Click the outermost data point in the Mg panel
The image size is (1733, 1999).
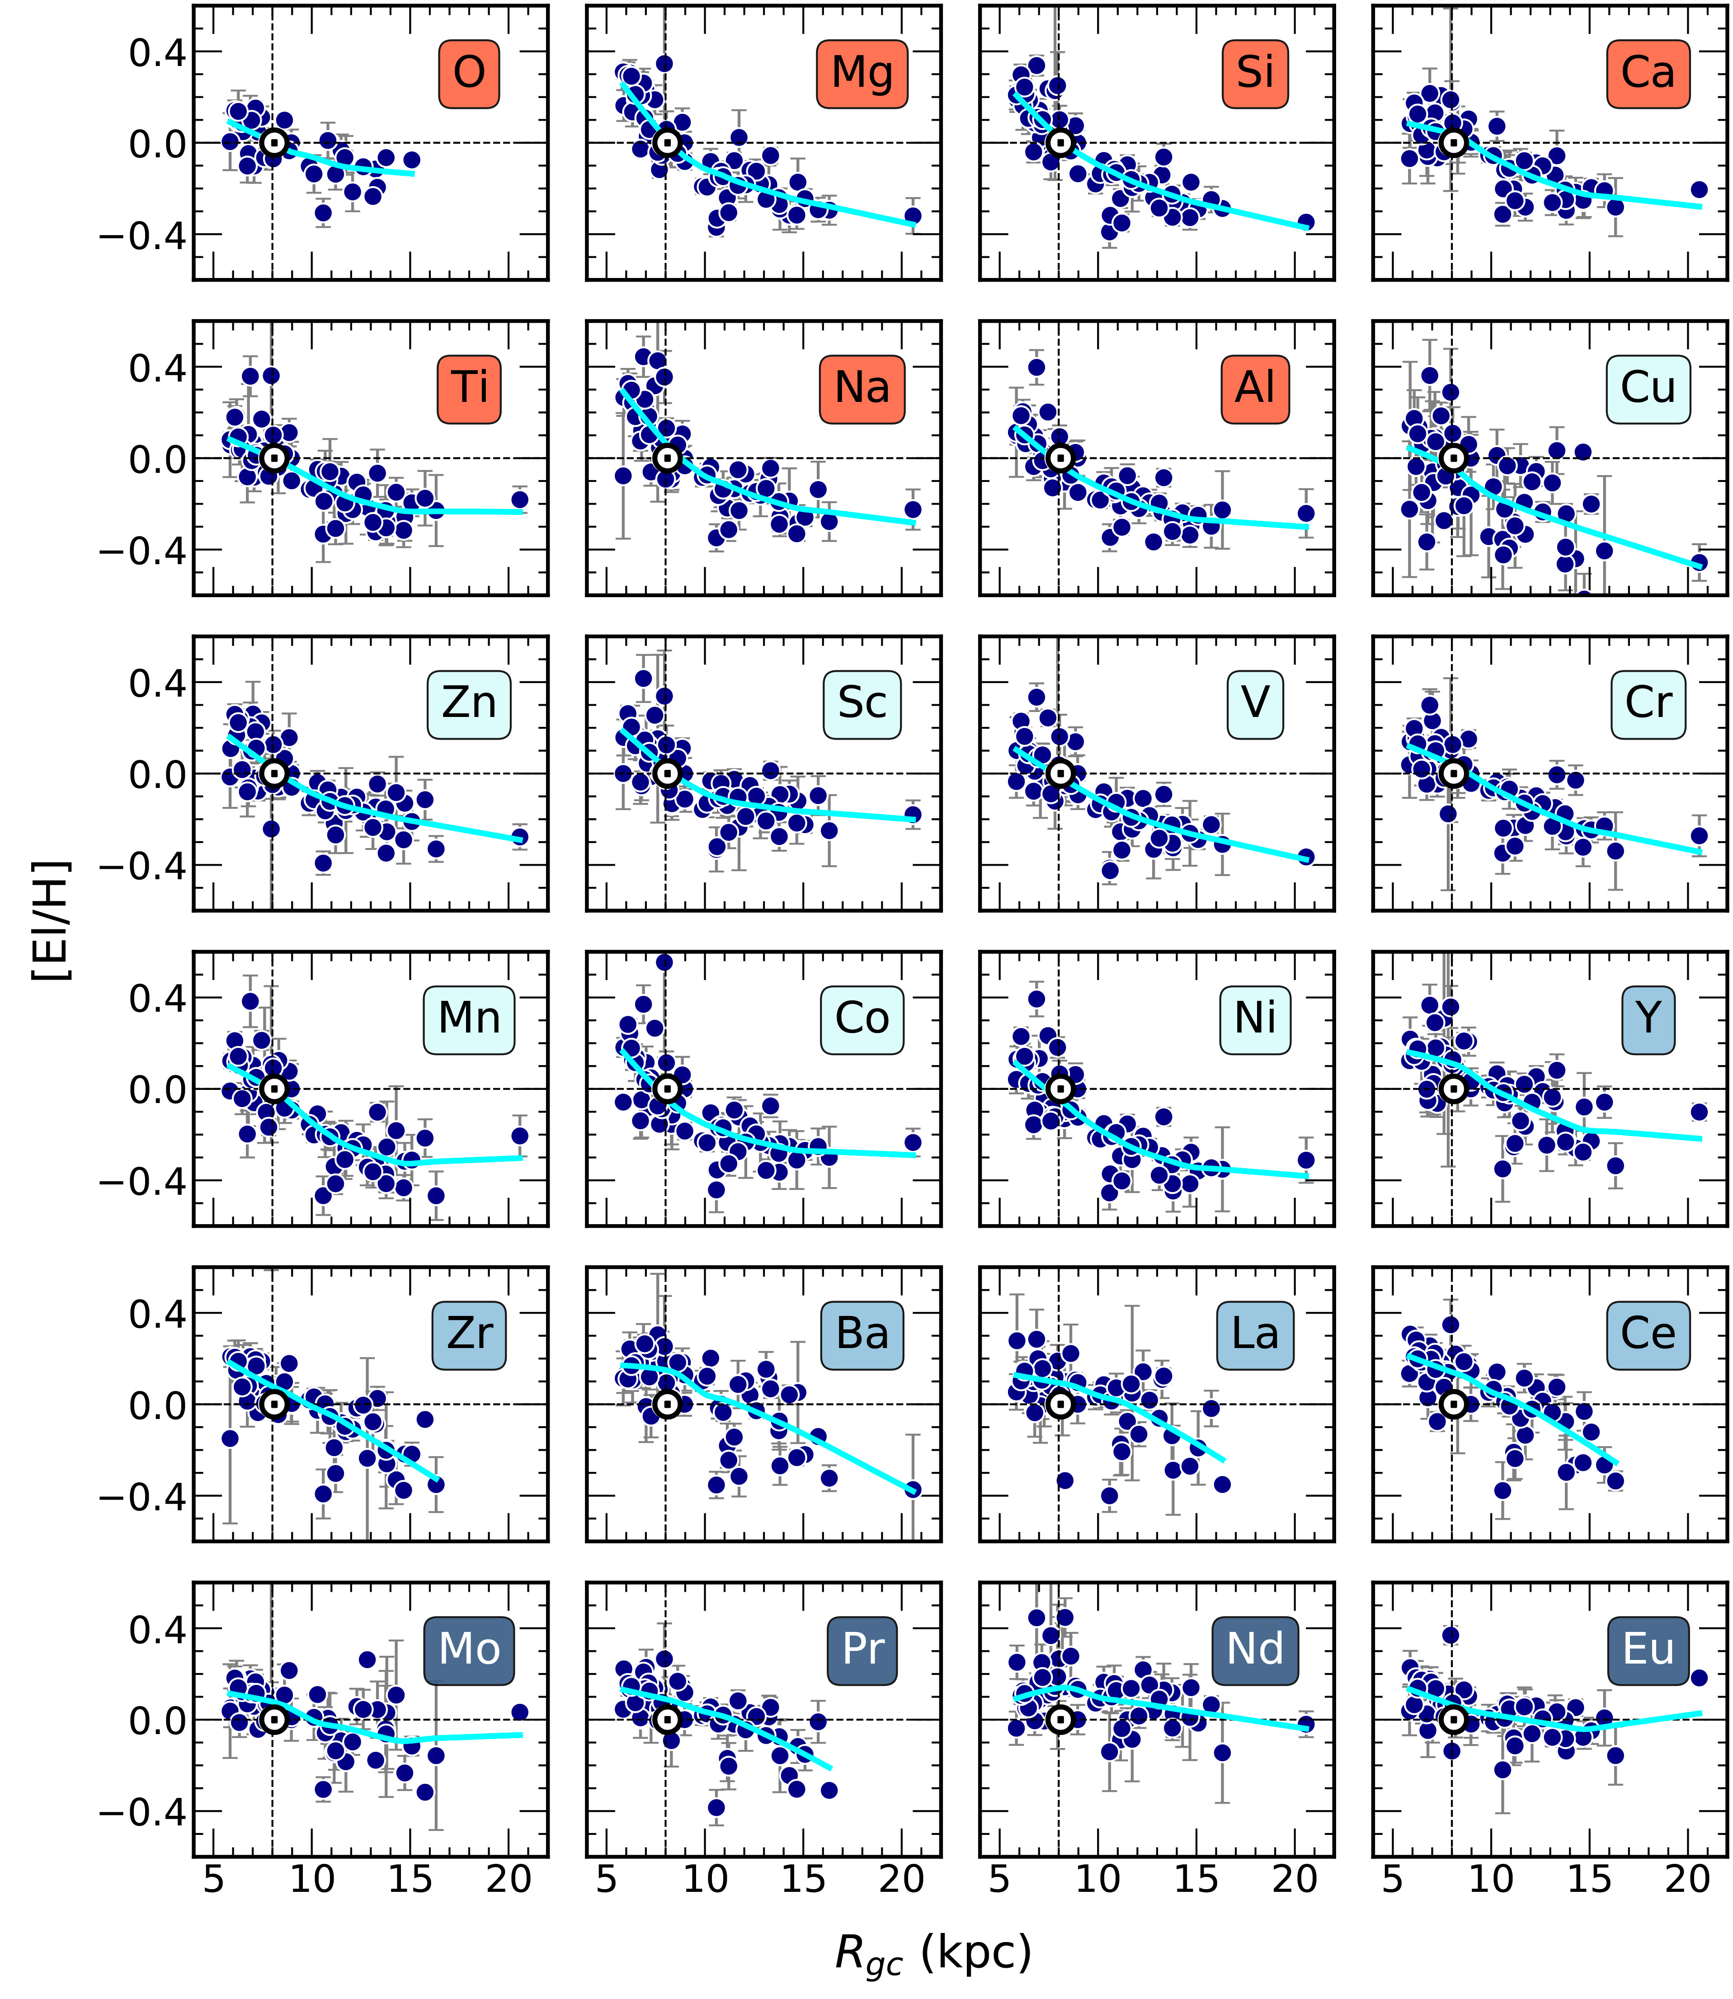pos(912,216)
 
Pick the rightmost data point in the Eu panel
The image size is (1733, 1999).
pos(1699,1678)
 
